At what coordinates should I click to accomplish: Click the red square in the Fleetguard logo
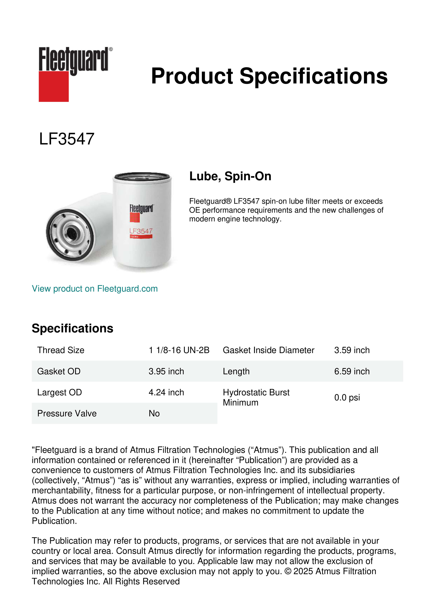54,86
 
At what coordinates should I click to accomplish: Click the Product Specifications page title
269,76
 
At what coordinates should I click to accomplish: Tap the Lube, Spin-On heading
230,176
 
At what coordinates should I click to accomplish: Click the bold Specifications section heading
72,328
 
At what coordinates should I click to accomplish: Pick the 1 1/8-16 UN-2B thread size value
179,350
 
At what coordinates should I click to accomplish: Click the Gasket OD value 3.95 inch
166,371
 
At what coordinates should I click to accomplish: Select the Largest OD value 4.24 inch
166,392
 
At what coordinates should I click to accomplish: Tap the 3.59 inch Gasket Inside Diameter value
352,350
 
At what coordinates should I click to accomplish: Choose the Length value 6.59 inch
352,371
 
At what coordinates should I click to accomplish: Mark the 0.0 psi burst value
347,397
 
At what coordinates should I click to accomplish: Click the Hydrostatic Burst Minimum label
256,397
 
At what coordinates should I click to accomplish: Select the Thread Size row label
61,350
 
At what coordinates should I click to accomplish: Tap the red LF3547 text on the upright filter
141,231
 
